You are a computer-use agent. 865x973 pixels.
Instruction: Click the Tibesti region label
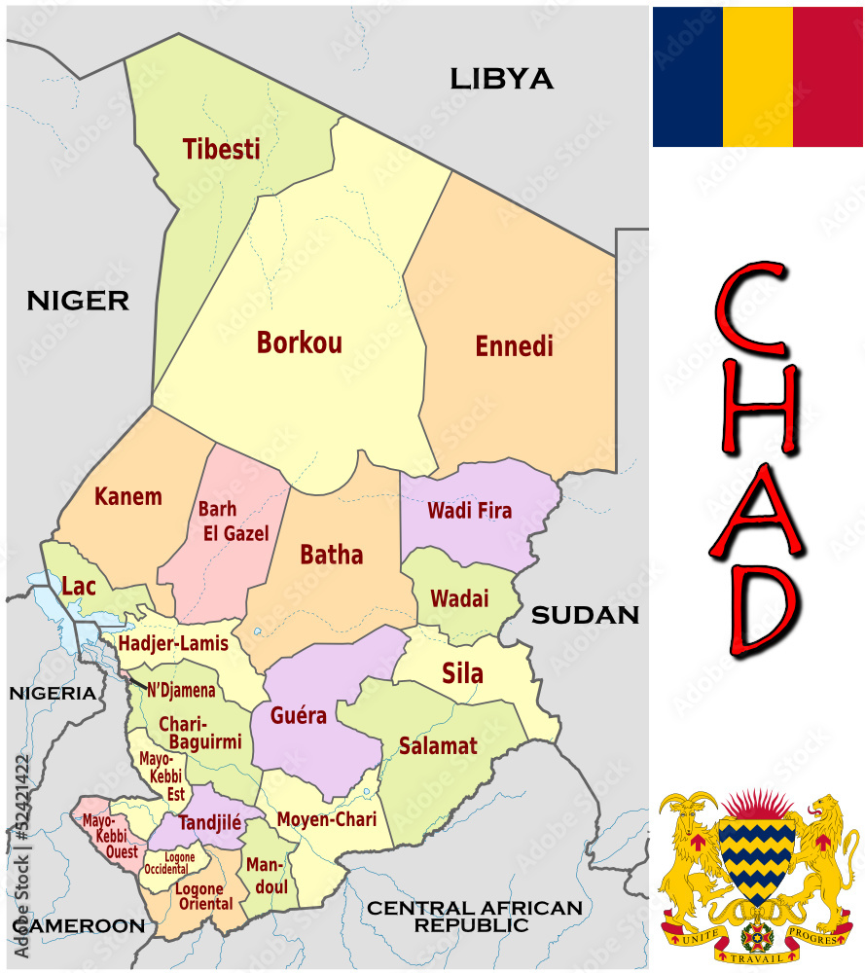[221, 149]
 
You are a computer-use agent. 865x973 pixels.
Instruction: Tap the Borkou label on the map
[299, 342]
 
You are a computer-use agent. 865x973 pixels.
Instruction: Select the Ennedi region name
[514, 346]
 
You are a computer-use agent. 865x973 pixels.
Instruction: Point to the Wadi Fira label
[469, 510]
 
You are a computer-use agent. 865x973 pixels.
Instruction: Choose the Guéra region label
[299, 716]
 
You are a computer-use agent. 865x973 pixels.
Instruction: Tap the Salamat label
[438, 746]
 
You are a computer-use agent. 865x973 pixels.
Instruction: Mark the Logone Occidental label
[168, 863]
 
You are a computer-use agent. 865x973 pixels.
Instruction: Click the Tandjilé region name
[209, 822]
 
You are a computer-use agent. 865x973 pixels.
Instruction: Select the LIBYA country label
[501, 79]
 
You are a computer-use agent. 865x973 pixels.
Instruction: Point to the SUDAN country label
[584, 615]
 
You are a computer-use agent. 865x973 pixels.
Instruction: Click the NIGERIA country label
[53, 693]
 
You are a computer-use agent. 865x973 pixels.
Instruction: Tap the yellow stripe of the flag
[757, 77]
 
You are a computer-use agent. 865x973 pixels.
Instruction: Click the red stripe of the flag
[827, 77]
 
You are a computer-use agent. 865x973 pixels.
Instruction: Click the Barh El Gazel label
[233, 522]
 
